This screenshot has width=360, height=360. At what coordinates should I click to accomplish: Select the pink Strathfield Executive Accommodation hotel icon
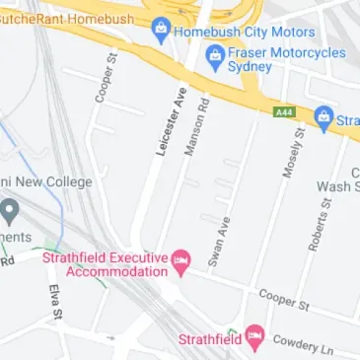pyautogui.click(x=181, y=262)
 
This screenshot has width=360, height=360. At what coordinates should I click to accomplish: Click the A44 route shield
pyautogui.click(x=285, y=112)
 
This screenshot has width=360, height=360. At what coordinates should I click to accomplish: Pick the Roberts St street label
pyautogui.click(x=318, y=222)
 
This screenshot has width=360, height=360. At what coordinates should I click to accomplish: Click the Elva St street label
pyautogui.click(x=56, y=302)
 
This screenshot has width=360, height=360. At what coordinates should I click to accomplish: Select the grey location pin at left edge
pyautogui.click(x=10, y=210)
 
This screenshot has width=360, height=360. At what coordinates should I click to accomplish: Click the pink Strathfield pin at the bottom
pyautogui.click(x=255, y=338)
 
